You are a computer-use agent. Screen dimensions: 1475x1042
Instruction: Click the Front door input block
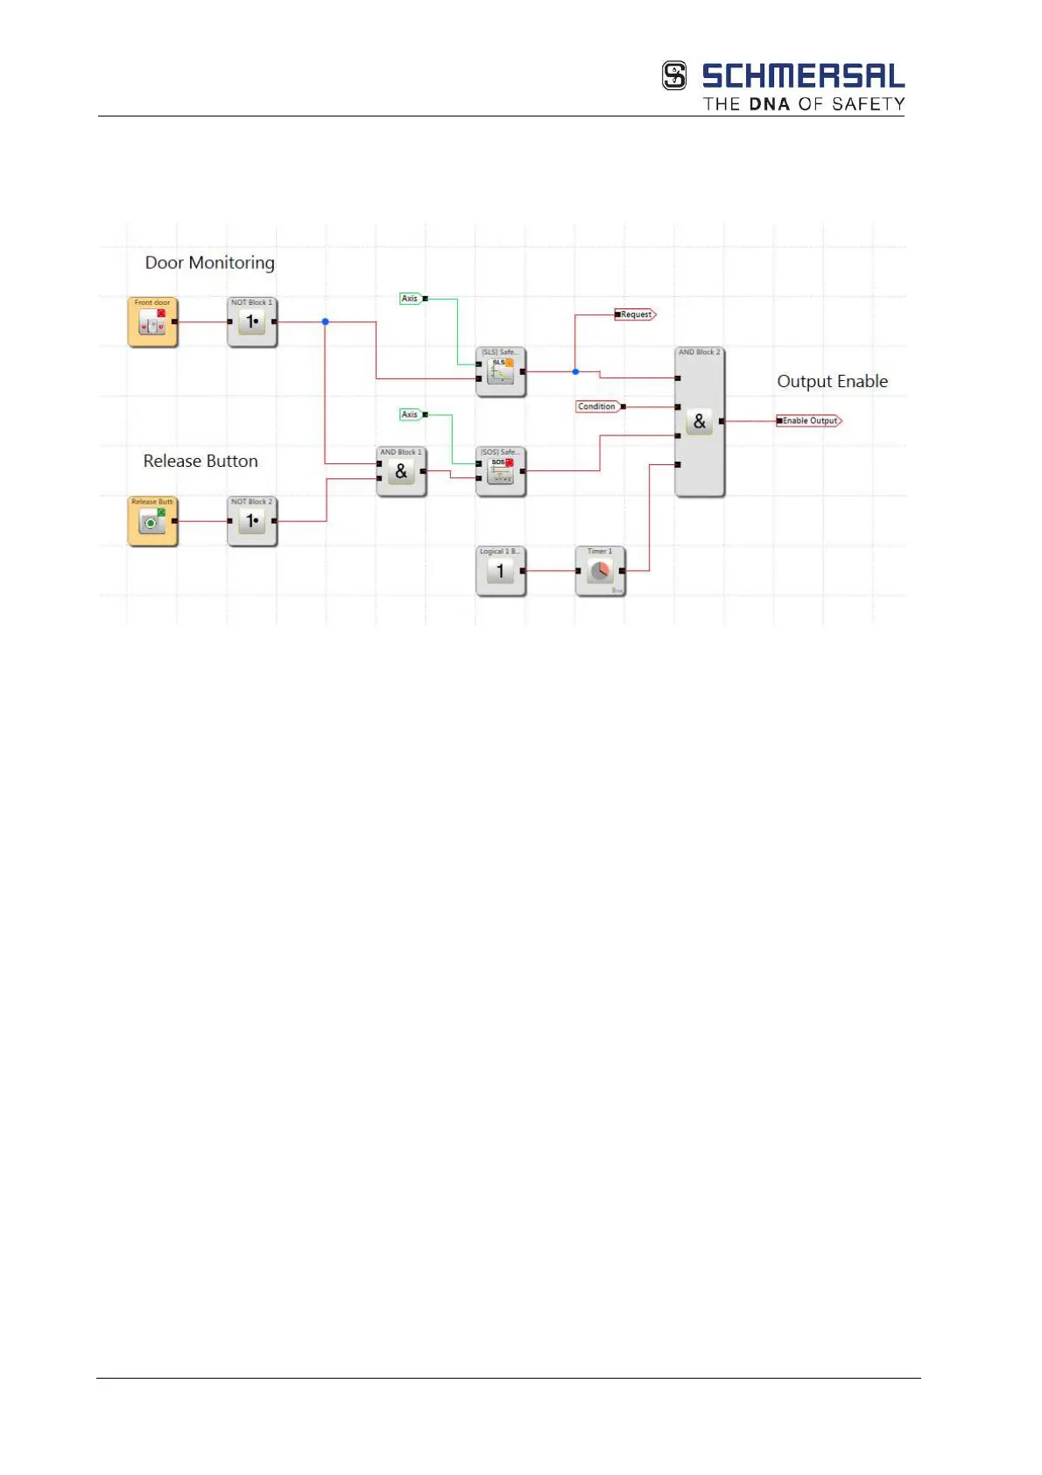click(x=152, y=322)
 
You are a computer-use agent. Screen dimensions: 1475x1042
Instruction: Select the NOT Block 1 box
click(x=252, y=322)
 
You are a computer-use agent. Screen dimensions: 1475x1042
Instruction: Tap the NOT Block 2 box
click(x=252, y=521)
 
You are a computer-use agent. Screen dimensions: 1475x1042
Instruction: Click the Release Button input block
click(x=152, y=521)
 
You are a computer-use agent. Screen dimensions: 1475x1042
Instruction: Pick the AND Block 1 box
click(x=401, y=472)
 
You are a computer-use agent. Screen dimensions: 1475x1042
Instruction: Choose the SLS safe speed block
click(x=501, y=372)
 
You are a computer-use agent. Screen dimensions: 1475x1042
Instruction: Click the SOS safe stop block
click(x=501, y=472)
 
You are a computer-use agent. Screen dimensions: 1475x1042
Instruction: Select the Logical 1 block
click(x=501, y=571)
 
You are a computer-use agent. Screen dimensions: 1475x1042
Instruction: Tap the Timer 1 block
click(x=600, y=571)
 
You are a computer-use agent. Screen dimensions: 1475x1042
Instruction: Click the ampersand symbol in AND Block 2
click(x=699, y=422)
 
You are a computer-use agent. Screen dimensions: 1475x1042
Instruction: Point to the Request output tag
click(x=636, y=314)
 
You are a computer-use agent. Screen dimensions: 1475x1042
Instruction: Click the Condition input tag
click(x=597, y=406)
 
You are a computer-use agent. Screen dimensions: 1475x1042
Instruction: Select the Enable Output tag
click(x=809, y=421)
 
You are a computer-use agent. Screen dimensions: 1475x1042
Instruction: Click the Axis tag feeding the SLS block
click(x=410, y=299)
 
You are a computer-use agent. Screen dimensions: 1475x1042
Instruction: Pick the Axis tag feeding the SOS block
click(x=410, y=414)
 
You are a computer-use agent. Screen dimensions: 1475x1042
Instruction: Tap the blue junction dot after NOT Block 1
click(x=326, y=322)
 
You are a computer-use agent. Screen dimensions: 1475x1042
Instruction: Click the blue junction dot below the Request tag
click(x=575, y=372)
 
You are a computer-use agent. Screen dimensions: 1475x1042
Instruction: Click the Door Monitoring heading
click(x=209, y=263)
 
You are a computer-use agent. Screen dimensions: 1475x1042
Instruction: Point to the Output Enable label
click(x=832, y=381)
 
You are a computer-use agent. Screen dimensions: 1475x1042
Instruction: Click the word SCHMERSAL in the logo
click(x=802, y=76)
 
